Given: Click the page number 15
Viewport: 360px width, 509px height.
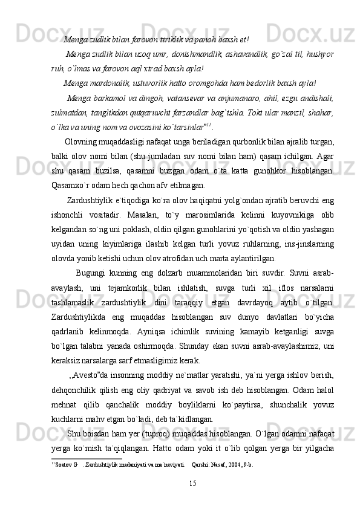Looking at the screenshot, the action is tap(192, 483).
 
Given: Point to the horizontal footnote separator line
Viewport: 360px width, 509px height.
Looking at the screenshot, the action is tap(87, 459).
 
